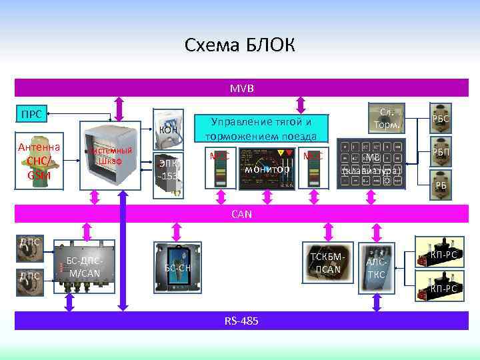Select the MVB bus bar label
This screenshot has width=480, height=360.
point(237,88)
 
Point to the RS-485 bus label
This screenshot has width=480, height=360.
point(241,321)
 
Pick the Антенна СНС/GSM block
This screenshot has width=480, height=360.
point(39,161)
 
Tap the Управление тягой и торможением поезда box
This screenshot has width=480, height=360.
point(261,129)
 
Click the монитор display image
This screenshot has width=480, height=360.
point(267,169)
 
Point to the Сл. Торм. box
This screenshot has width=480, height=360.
point(386,119)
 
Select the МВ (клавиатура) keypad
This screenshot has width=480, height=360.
point(371,164)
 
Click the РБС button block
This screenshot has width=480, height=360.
point(440,117)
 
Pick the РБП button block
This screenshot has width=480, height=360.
point(440,152)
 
